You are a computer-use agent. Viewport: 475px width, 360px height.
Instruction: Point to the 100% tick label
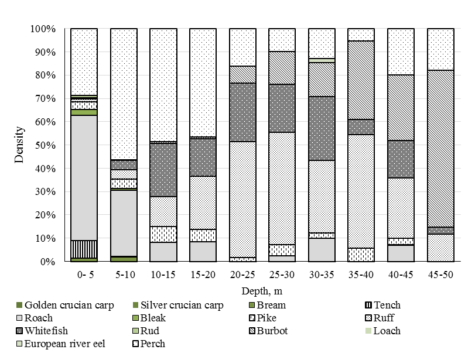click(43, 29)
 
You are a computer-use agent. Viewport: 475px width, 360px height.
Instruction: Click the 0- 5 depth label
click(84, 274)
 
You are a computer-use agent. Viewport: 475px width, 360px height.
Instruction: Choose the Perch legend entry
click(152, 344)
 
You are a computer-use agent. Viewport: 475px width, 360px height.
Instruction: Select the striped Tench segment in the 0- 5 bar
click(84, 249)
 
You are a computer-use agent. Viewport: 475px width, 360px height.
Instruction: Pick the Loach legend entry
click(387, 331)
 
